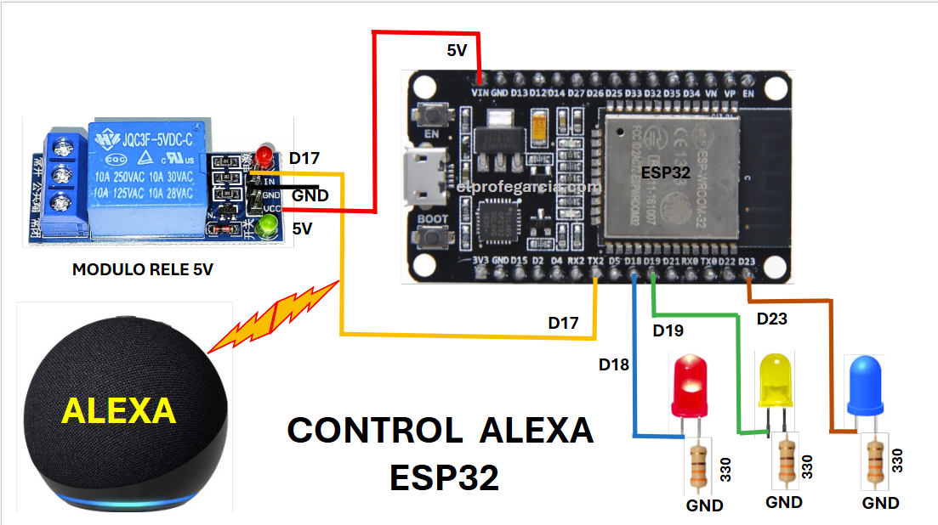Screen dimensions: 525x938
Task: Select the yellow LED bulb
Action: [776, 379]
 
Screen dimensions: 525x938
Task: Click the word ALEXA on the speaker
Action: [118, 411]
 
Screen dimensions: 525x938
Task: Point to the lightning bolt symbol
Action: [275, 316]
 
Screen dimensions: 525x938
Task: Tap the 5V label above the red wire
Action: [458, 51]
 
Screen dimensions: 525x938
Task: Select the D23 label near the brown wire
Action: [771, 319]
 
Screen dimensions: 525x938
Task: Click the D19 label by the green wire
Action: [668, 330]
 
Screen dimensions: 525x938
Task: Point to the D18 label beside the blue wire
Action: [614, 365]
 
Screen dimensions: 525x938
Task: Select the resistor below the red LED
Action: [699, 464]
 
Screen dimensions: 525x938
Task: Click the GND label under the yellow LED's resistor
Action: [783, 502]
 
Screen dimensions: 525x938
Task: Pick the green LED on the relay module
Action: [270, 226]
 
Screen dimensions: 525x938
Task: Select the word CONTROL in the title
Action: [374, 431]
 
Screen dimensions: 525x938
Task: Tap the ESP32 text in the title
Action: [444, 478]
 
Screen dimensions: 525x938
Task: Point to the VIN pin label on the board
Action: [480, 92]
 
